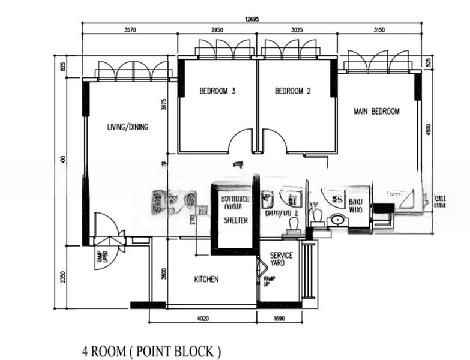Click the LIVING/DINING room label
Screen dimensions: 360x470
[128, 127]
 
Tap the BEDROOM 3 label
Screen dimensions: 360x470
[217, 91]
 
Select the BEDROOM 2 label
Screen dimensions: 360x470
[293, 91]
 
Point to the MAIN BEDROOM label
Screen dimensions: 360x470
[376, 111]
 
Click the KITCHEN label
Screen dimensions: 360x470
[206, 280]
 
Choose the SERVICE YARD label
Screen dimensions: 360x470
[281, 259]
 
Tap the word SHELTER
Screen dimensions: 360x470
[235, 220]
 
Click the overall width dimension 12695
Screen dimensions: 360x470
[252, 19]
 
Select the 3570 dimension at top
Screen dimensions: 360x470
[130, 30]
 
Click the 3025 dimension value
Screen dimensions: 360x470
[298, 30]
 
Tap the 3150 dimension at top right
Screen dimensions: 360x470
[379, 30]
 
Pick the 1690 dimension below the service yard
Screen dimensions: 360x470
[279, 319]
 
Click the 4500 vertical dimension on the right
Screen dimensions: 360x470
[428, 130]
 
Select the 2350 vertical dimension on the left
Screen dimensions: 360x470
[63, 277]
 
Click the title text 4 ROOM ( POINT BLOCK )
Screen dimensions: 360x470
[151, 350]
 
